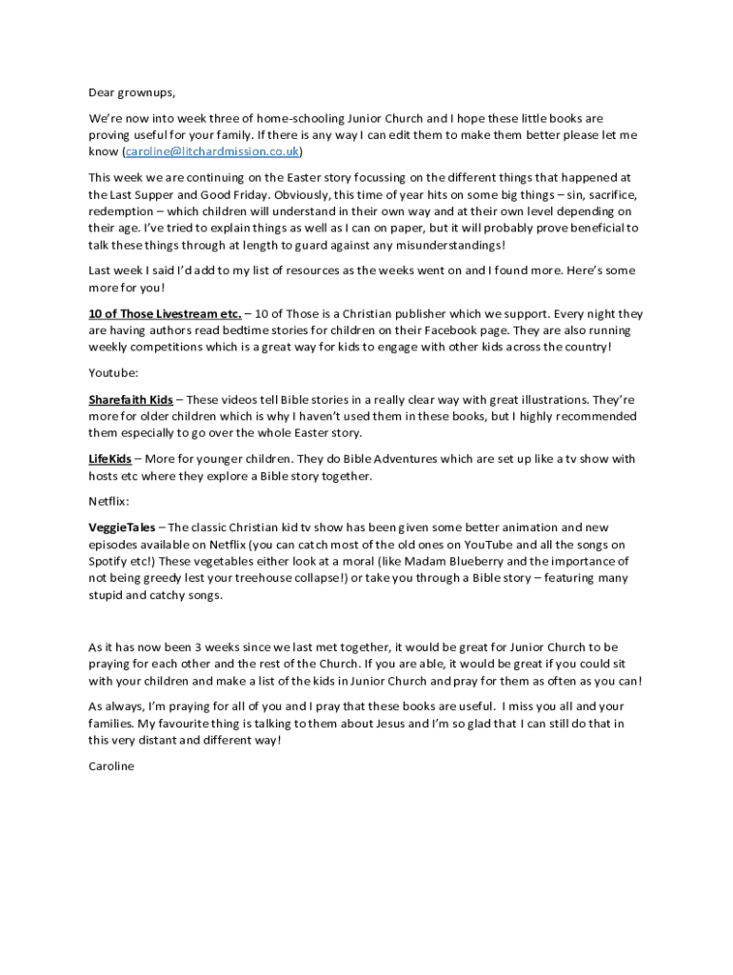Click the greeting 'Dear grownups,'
click(x=132, y=92)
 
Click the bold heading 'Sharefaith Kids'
click(x=130, y=399)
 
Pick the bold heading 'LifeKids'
click(x=110, y=459)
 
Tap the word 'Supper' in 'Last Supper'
click(x=157, y=193)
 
